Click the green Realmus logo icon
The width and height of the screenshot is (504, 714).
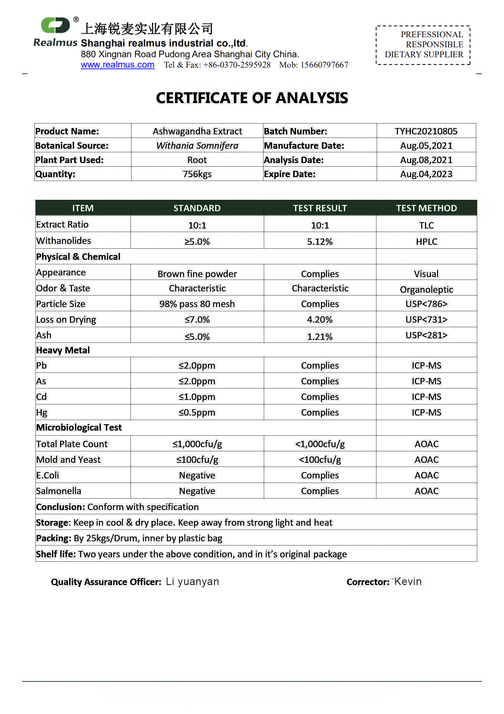[x=56, y=25]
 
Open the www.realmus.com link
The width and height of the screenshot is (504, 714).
[x=117, y=65]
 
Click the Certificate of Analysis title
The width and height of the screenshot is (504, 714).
[x=252, y=98]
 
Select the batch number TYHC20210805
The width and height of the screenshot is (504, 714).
[x=426, y=131]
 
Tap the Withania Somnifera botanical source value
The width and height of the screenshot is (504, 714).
[x=197, y=146]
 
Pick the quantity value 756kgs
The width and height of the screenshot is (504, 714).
[x=197, y=174]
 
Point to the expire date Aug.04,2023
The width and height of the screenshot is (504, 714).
[x=426, y=174]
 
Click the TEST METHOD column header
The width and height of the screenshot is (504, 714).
[x=426, y=208]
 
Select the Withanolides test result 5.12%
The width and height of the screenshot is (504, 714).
[x=320, y=242]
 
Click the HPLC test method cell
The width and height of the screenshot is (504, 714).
[x=426, y=242]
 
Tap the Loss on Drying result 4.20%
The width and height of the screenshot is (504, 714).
[x=320, y=319]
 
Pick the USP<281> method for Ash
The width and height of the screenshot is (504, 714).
[x=426, y=335]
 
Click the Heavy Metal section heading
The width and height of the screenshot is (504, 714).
[x=63, y=350]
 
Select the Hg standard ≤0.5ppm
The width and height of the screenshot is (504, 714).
[x=197, y=412]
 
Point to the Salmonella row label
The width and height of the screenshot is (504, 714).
[x=59, y=491]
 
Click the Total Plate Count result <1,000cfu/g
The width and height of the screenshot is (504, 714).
[x=320, y=444]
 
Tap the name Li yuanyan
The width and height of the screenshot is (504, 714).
[x=192, y=582]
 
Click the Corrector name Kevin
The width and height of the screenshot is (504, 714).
[x=408, y=582]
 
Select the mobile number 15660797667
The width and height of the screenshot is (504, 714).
[x=324, y=65]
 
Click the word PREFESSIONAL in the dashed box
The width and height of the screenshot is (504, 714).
[x=432, y=34]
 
